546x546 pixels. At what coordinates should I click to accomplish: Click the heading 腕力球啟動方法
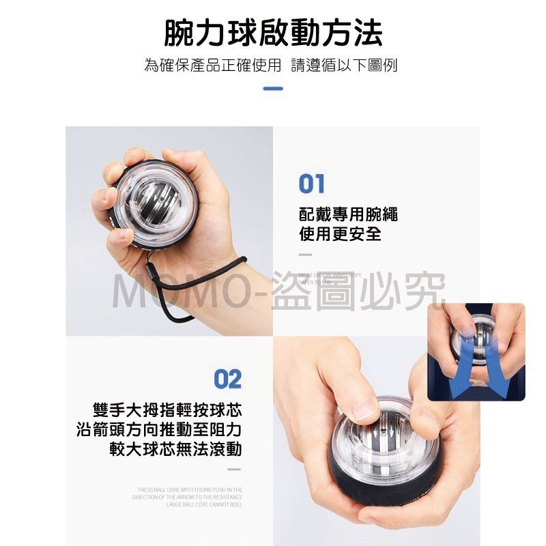click(273, 32)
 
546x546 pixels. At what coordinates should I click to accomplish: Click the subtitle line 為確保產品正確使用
click(212, 66)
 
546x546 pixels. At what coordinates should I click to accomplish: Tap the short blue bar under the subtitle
click(273, 88)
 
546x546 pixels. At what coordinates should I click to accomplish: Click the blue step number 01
click(312, 184)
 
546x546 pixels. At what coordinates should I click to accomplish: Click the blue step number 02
click(227, 379)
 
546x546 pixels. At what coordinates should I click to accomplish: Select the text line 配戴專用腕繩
click(348, 216)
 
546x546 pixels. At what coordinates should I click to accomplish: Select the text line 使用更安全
click(340, 235)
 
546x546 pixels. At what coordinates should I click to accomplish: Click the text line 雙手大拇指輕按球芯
click(168, 411)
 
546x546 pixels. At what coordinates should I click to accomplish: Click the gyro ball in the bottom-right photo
click(386, 444)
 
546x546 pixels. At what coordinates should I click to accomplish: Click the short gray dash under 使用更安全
click(305, 255)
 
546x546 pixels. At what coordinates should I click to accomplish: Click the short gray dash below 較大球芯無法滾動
click(234, 470)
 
